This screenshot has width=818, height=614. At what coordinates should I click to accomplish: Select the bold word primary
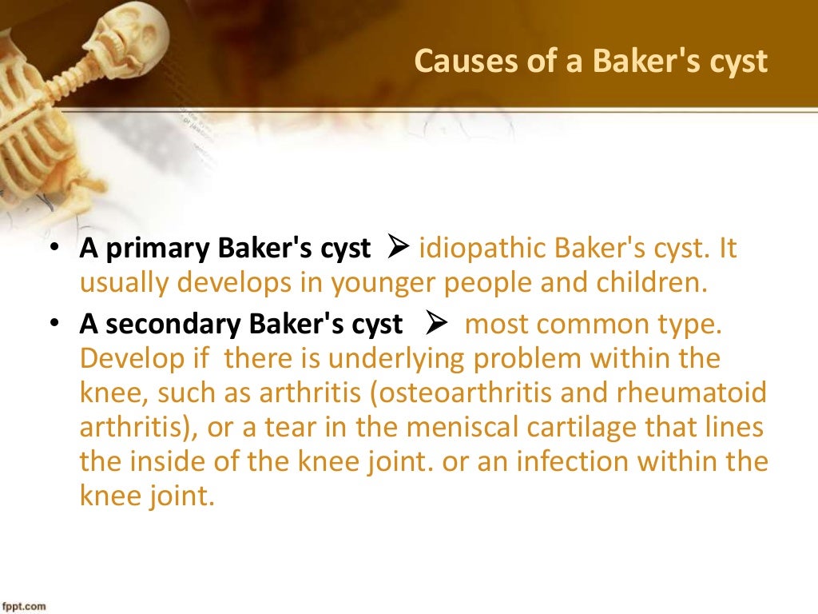coord(153,249)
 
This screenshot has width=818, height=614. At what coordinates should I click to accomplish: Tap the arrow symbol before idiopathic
coord(398,249)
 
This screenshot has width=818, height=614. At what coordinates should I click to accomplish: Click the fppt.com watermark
coord(23,606)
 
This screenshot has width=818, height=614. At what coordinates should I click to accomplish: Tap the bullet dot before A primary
coord(55,249)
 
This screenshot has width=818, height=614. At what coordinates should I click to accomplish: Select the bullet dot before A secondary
coord(55,325)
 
